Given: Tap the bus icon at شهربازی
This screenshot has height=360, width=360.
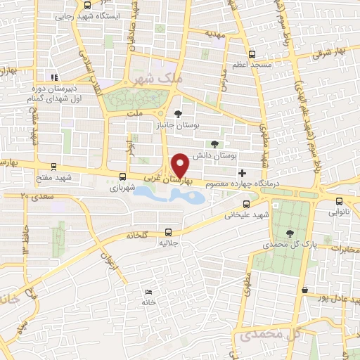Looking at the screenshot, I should [123, 177].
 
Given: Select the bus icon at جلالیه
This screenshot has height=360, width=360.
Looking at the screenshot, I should [168, 231].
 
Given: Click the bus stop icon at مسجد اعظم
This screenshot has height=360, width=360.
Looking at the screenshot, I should [252, 53].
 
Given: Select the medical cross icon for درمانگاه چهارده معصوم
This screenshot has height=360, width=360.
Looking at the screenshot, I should [243, 173].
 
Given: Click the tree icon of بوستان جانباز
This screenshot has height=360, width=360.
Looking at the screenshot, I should [178, 113].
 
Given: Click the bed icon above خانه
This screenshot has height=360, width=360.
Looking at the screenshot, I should [148, 292].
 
